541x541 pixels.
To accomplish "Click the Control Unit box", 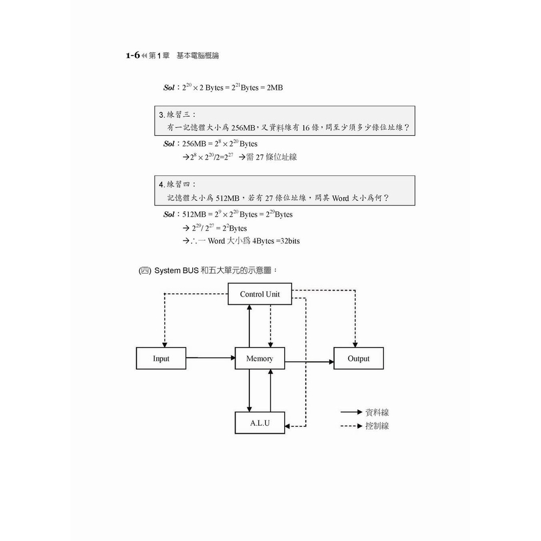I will [x=259, y=294].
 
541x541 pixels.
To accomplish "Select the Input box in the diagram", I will [x=161, y=358].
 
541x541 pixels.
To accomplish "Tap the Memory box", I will [x=259, y=358].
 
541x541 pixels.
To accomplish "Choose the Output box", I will [x=358, y=358].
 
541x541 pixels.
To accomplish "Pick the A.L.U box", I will [x=259, y=423].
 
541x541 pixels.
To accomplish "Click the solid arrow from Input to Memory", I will [x=210, y=358].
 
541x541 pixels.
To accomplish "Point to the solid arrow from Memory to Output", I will [x=309, y=362].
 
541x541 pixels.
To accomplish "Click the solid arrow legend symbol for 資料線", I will [x=351, y=412].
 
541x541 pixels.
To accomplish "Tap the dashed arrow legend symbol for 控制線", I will [x=351, y=425].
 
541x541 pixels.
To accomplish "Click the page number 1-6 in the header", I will [x=133, y=55].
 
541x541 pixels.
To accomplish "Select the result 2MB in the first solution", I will [x=274, y=88].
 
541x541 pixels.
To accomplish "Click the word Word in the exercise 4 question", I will [x=340, y=198].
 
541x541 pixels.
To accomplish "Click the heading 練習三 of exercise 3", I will [x=181, y=114].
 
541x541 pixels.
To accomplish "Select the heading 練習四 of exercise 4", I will [x=181, y=184].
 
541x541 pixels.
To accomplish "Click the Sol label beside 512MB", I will [x=169, y=214].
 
